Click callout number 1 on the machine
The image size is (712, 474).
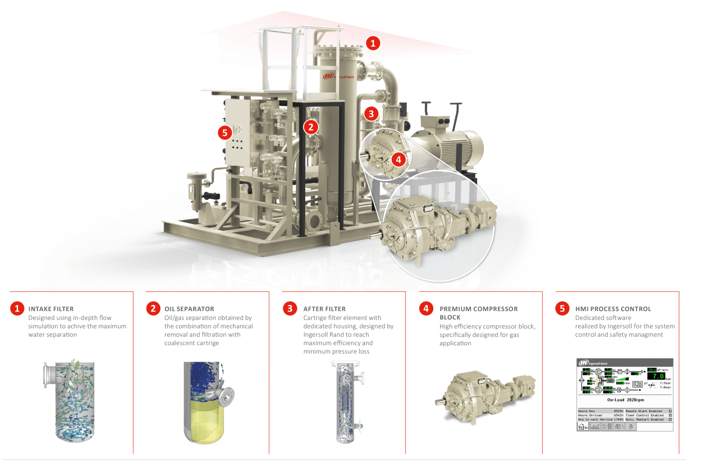373,44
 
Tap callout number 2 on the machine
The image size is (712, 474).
311,127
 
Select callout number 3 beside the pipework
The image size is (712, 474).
371,113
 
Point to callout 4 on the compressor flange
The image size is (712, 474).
399,160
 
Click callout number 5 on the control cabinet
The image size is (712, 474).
225,133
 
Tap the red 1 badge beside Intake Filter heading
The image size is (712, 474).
17,308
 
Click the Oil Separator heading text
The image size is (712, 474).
189,309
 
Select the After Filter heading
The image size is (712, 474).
324,309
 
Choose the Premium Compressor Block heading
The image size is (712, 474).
479,309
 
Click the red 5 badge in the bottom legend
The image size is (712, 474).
562,308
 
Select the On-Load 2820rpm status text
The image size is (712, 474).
625,400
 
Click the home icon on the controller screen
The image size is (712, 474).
583,426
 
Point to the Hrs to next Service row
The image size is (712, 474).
600,419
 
